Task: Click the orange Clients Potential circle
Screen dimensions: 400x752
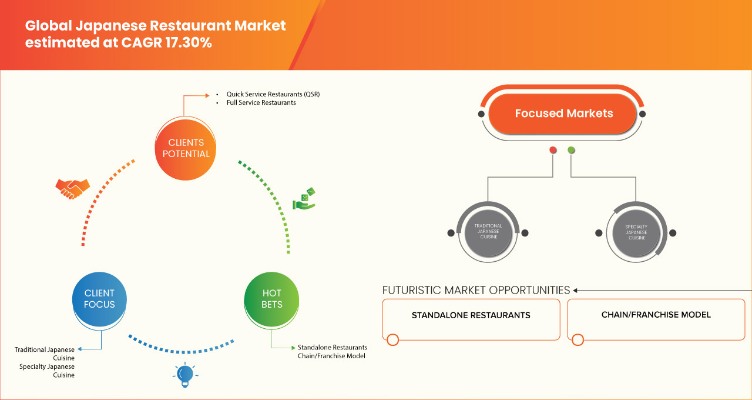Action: [185, 148]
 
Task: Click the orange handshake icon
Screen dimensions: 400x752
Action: [72, 188]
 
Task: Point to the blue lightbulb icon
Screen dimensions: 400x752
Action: [185, 375]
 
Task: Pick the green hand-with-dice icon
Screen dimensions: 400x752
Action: [304, 199]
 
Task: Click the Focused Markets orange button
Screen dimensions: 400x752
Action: [563, 114]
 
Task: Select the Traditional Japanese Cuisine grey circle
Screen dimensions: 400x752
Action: [488, 232]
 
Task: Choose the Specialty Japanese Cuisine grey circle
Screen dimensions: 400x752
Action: [636, 232]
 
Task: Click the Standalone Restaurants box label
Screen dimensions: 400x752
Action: [471, 315]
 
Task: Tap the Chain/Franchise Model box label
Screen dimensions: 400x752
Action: [656, 315]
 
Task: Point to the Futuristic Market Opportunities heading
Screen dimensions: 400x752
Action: [476, 290]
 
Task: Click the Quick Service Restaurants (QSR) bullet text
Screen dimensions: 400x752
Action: [273, 94]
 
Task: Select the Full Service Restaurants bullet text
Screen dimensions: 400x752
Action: [261, 102]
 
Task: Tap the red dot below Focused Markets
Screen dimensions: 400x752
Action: [553, 150]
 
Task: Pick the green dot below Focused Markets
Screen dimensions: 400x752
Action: [571, 150]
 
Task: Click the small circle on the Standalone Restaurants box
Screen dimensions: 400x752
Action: [393, 339]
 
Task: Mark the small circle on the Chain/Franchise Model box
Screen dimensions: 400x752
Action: [578, 339]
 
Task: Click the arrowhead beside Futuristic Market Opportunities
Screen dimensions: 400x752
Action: [576, 290]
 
